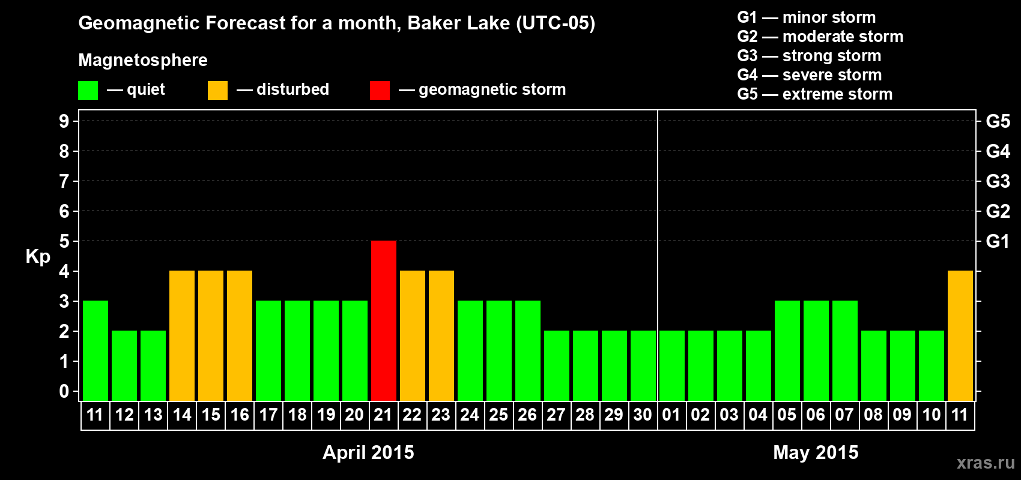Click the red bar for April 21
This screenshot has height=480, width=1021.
click(x=383, y=320)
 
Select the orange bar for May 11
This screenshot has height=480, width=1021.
click(x=960, y=335)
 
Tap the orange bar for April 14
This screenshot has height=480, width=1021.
click(x=182, y=335)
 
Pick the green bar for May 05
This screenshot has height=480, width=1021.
click(x=787, y=350)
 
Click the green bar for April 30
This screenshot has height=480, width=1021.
click(x=643, y=365)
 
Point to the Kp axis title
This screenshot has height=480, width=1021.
click(x=38, y=257)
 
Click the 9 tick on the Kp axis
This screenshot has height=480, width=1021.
click(x=64, y=121)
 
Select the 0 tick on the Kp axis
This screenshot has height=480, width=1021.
click(x=64, y=391)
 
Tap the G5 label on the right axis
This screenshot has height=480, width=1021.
click(x=998, y=121)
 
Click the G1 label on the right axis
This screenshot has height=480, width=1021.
click(x=998, y=241)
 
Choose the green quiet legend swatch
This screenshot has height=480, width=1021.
click(x=88, y=90)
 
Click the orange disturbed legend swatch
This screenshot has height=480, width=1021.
click(x=217, y=90)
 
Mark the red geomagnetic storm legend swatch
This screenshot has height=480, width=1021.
click(x=380, y=90)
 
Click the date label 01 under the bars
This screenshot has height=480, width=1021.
click(x=671, y=415)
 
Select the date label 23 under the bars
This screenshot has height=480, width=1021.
click(x=441, y=415)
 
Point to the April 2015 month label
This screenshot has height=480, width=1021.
click(x=368, y=452)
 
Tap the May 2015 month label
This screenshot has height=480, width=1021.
click(x=816, y=452)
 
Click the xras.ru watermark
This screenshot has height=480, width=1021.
click(x=986, y=463)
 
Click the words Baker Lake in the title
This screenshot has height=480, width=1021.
click(x=458, y=23)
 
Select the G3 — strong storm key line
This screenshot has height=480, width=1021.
click(x=809, y=56)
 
